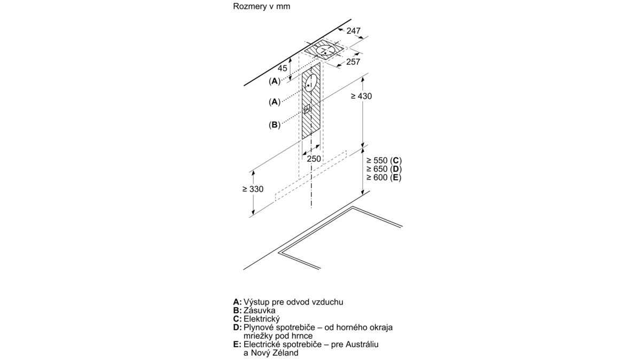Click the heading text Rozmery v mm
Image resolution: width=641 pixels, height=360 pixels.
point(262,6)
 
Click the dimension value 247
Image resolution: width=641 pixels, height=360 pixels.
point(354,30)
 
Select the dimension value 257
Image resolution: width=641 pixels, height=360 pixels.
point(353,61)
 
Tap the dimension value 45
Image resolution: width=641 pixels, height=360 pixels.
point(283,68)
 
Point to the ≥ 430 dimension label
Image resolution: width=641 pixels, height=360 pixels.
point(362,96)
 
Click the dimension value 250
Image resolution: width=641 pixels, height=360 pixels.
point(314,159)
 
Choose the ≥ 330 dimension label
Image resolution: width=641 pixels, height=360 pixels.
point(253,189)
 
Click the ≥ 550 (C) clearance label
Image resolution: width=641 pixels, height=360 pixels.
point(384,160)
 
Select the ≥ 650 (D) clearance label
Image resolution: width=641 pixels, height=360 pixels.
point(384,169)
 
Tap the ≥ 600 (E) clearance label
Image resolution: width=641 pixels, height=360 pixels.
point(384,177)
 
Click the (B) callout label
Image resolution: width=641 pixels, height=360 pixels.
point(275,125)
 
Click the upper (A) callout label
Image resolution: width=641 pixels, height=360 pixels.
point(275,81)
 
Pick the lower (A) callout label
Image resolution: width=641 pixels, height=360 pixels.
point(275,101)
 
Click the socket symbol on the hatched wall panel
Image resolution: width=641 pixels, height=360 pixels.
point(307,109)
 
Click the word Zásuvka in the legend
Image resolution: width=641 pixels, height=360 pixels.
point(259,310)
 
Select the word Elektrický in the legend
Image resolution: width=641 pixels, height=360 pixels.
point(262,319)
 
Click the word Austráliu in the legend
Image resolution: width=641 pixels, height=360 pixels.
point(362,345)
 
